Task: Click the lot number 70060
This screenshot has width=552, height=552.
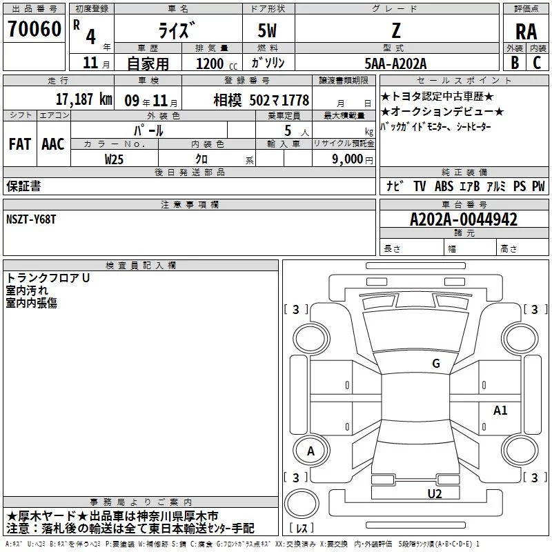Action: coord(34,28)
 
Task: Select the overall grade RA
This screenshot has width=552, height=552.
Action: coord(526,32)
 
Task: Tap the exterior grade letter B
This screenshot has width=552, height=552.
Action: coord(515,62)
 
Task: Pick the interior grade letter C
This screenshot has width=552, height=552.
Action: coord(537,62)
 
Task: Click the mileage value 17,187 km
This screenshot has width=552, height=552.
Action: coord(83,99)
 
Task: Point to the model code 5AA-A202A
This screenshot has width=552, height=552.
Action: coord(395,63)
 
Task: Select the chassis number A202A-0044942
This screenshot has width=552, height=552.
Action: coord(464,219)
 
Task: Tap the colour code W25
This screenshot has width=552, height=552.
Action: coord(114,159)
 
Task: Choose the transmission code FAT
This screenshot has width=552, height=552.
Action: coord(20,144)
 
